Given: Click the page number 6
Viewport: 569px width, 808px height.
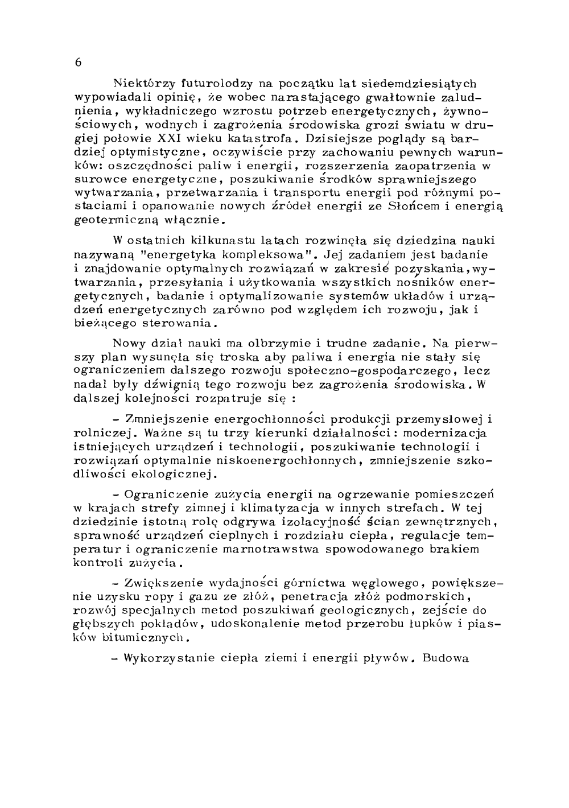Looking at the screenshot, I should click(x=78, y=63).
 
